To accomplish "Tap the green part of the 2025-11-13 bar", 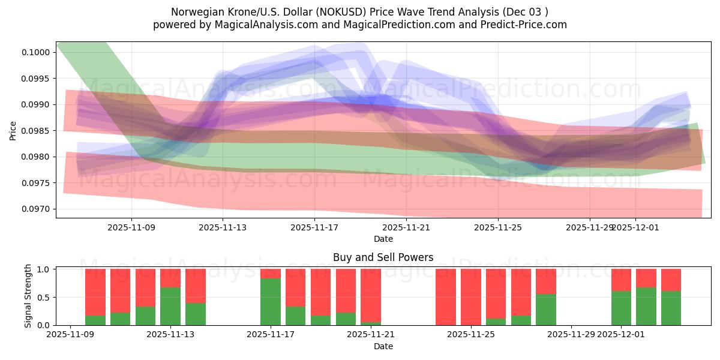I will pyautogui.click(x=170, y=306).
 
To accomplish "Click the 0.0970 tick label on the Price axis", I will pyautogui.click(x=37, y=209).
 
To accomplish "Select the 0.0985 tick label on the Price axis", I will pyautogui.click(x=37, y=131).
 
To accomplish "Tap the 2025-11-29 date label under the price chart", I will pyautogui.click(x=589, y=227).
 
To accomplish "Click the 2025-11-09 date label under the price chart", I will pyautogui.click(x=131, y=227).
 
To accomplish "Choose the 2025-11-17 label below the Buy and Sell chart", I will pyautogui.click(x=271, y=335).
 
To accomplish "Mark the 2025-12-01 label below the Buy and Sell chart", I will pyautogui.click(x=621, y=335).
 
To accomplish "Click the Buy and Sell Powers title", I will pyautogui.click(x=383, y=257).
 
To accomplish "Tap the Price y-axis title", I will pyautogui.click(x=13, y=130).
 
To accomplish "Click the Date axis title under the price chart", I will pyautogui.click(x=383, y=239).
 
